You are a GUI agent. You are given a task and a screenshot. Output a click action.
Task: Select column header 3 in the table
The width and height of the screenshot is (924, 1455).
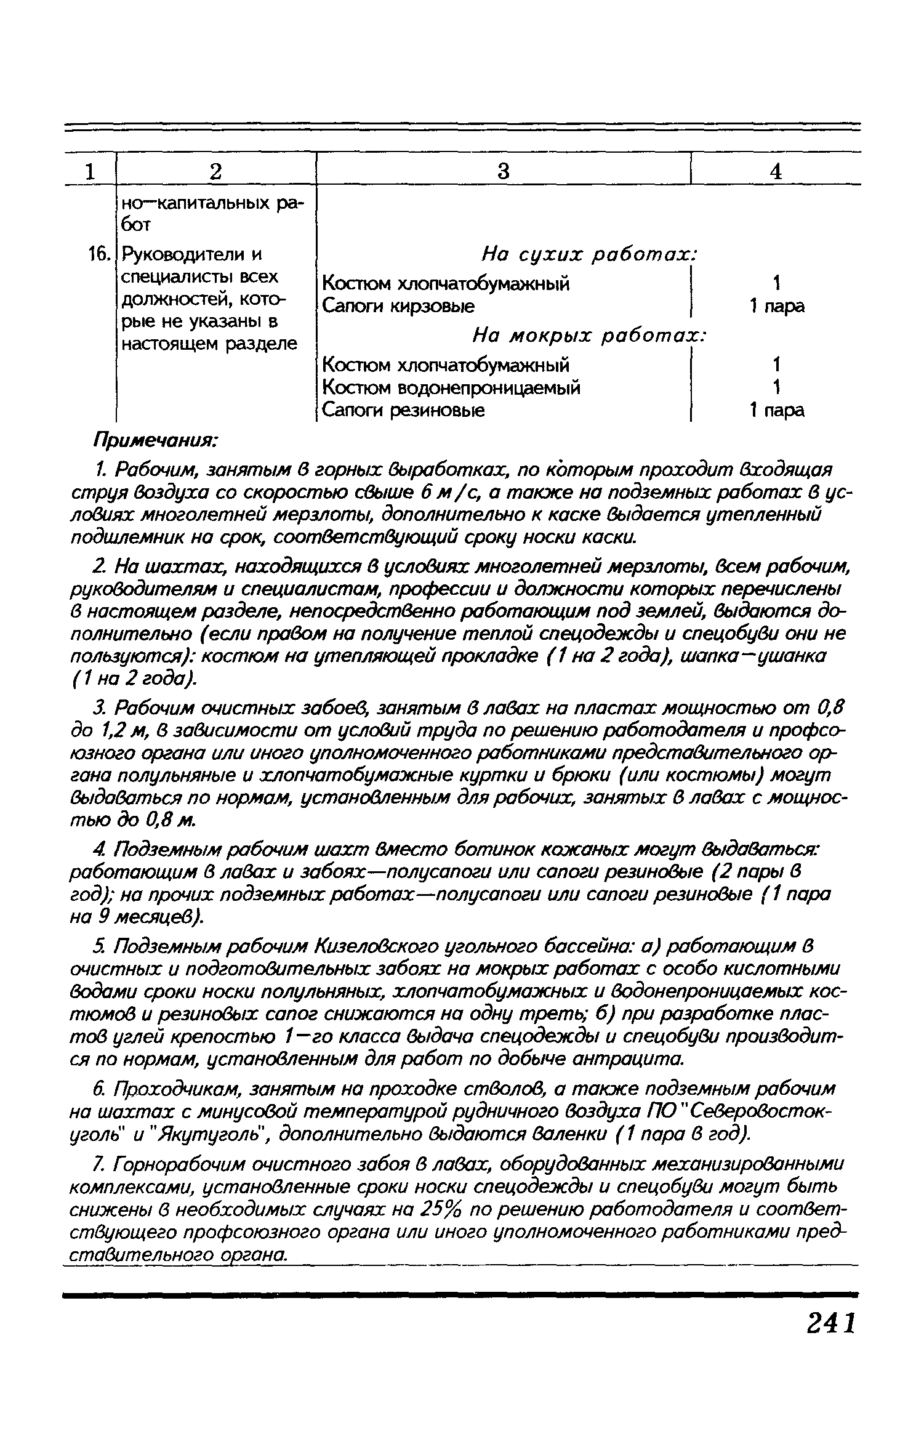tap(503, 171)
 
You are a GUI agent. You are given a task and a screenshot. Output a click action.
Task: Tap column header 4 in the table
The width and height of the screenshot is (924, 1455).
tap(776, 171)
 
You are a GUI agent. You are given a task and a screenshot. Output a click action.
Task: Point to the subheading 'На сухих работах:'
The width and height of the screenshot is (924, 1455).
tap(589, 254)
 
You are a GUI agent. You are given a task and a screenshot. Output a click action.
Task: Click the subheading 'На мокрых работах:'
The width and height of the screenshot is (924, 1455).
tap(589, 336)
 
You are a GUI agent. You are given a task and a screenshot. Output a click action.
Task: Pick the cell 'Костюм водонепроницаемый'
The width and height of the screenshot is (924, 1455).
tap(451, 388)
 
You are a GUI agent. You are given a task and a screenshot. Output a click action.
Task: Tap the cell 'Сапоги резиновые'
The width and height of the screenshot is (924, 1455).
tap(404, 411)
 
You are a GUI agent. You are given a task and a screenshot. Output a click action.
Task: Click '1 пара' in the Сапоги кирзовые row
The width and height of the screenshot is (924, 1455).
tap(776, 306)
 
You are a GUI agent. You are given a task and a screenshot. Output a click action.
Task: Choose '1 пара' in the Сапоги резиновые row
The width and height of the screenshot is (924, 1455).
tap(776, 411)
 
